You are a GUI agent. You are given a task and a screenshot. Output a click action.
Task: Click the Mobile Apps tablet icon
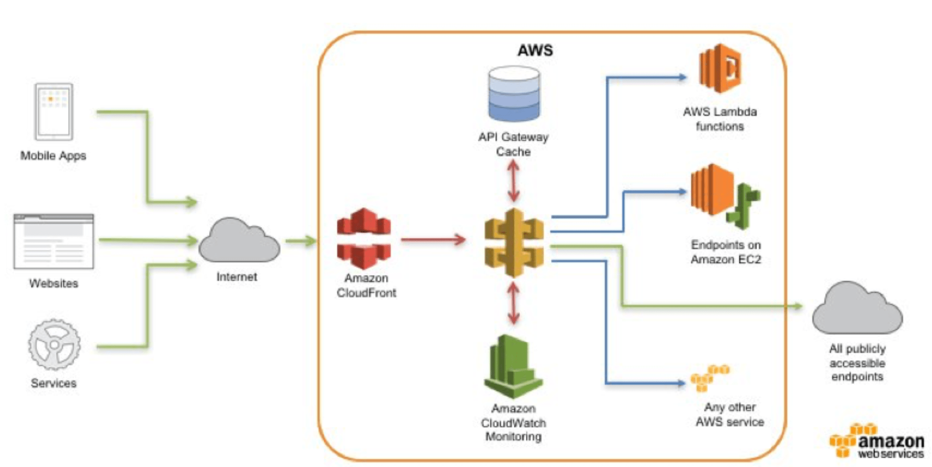point(54,112)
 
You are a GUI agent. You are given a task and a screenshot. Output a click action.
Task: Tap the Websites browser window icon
point(54,241)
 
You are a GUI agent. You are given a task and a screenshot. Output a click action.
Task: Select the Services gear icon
point(54,345)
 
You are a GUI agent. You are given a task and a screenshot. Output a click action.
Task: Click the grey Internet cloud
point(239,242)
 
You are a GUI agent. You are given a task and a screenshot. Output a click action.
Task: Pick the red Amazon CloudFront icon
point(364,239)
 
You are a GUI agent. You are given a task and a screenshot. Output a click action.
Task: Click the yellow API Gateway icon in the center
point(514,243)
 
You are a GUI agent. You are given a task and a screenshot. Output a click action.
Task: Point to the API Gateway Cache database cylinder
point(514,94)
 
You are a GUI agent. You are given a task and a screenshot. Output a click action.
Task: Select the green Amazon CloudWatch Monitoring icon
point(513,366)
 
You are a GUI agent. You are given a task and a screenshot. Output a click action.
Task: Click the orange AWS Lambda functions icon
point(720,69)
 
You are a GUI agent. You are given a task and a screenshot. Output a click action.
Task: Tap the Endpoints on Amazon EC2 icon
point(724,196)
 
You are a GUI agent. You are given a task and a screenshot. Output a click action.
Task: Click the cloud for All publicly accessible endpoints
point(857,310)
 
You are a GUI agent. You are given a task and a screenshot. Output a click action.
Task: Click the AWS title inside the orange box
point(535,50)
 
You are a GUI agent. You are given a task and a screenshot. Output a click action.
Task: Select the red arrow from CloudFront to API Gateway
point(433,240)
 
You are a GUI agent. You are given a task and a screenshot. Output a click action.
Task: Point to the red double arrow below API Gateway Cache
point(514,181)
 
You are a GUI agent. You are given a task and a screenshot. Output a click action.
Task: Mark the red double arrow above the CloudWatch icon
point(514,303)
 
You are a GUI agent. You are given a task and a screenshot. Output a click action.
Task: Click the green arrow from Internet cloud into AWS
point(300,240)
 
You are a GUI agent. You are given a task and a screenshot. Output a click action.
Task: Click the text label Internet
point(236,277)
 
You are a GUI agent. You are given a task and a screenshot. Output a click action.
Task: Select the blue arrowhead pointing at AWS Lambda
point(682,77)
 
